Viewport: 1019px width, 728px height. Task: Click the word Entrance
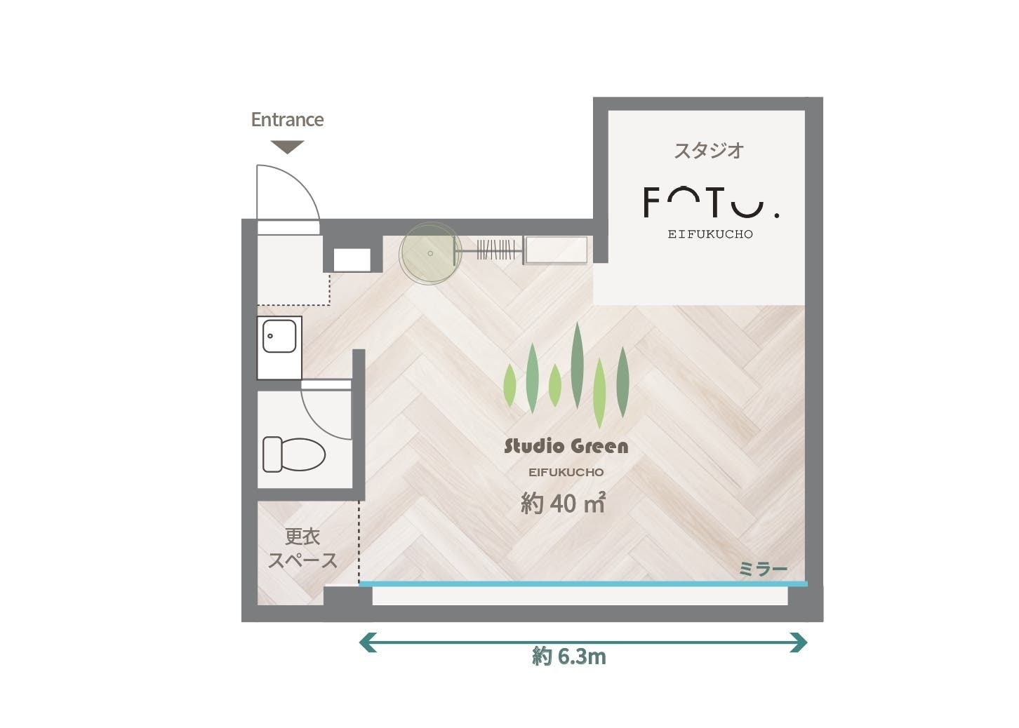tap(287, 120)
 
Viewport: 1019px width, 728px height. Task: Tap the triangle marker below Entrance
tap(287, 147)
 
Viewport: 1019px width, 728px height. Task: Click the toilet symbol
tap(294, 454)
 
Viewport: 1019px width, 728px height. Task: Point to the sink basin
tap(279, 336)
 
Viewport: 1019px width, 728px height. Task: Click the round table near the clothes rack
tap(430, 253)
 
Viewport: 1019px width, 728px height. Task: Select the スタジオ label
tap(709, 151)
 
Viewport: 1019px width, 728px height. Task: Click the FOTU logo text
tap(711, 203)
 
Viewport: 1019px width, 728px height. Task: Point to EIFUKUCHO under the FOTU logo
tap(710, 234)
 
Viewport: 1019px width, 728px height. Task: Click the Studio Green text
tap(566, 446)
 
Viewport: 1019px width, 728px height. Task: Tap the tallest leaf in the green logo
tap(578, 365)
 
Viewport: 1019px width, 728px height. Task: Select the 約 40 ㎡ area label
tap(563, 503)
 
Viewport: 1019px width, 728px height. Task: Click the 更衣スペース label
tap(302, 548)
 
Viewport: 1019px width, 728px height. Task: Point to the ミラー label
tap(763, 569)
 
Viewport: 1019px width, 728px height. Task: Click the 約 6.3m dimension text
tap(569, 657)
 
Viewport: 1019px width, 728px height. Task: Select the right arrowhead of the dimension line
tap(799, 642)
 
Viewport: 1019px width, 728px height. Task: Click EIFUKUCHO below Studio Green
tap(566, 473)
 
